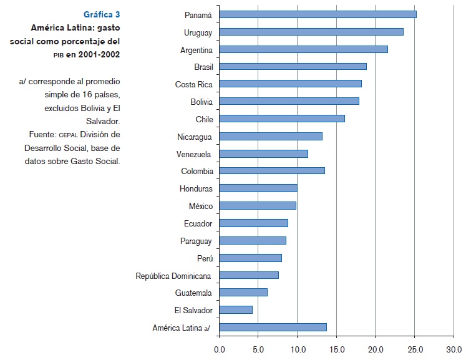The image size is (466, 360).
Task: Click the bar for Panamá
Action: (x=318, y=14)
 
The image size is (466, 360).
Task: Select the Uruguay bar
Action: (x=311, y=32)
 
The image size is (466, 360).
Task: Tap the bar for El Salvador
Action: (x=236, y=309)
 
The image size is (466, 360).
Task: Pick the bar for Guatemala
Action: (x=243, y=292)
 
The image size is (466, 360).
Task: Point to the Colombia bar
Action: (x=272, y=170)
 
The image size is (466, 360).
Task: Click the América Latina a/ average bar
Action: (x=273, y=327)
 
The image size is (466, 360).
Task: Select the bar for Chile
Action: (x=282, y=119)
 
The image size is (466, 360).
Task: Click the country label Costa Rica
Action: (x=193, y=84)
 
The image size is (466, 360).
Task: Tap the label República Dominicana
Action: (x=173, y=275)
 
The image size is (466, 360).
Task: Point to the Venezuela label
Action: (x=194, y=153)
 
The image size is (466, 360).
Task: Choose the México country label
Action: (x=200, y=206)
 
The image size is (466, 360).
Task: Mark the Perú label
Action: (x=204, y=258)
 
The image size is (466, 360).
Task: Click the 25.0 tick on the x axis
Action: (x=415, y=349)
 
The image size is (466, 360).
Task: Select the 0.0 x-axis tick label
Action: (x=220, y=349)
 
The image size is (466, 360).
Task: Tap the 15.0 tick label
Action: (x=336, y=349)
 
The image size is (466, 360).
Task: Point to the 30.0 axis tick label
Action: (x=454, y=349)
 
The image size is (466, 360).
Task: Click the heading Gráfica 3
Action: (x=102, y=14)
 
